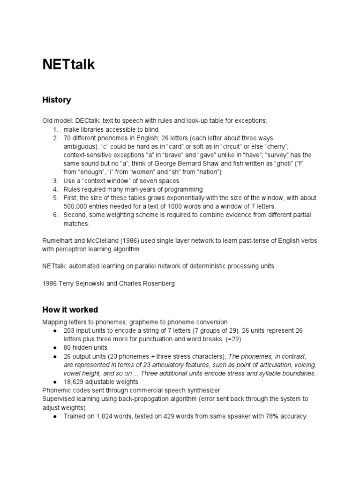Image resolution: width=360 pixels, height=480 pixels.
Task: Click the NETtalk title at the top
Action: click(68, 65)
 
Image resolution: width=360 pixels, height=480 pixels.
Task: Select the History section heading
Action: click(56, 100)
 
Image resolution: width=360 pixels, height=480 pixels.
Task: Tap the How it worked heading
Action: click(70, 310)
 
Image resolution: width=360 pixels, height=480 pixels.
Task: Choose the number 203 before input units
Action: click(69, 330)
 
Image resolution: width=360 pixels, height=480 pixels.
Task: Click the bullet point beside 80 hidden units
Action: click(55, 348)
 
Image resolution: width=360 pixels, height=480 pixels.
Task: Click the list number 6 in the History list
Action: click(55, 215)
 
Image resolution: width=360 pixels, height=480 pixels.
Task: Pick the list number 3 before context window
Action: click(55, 180)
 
